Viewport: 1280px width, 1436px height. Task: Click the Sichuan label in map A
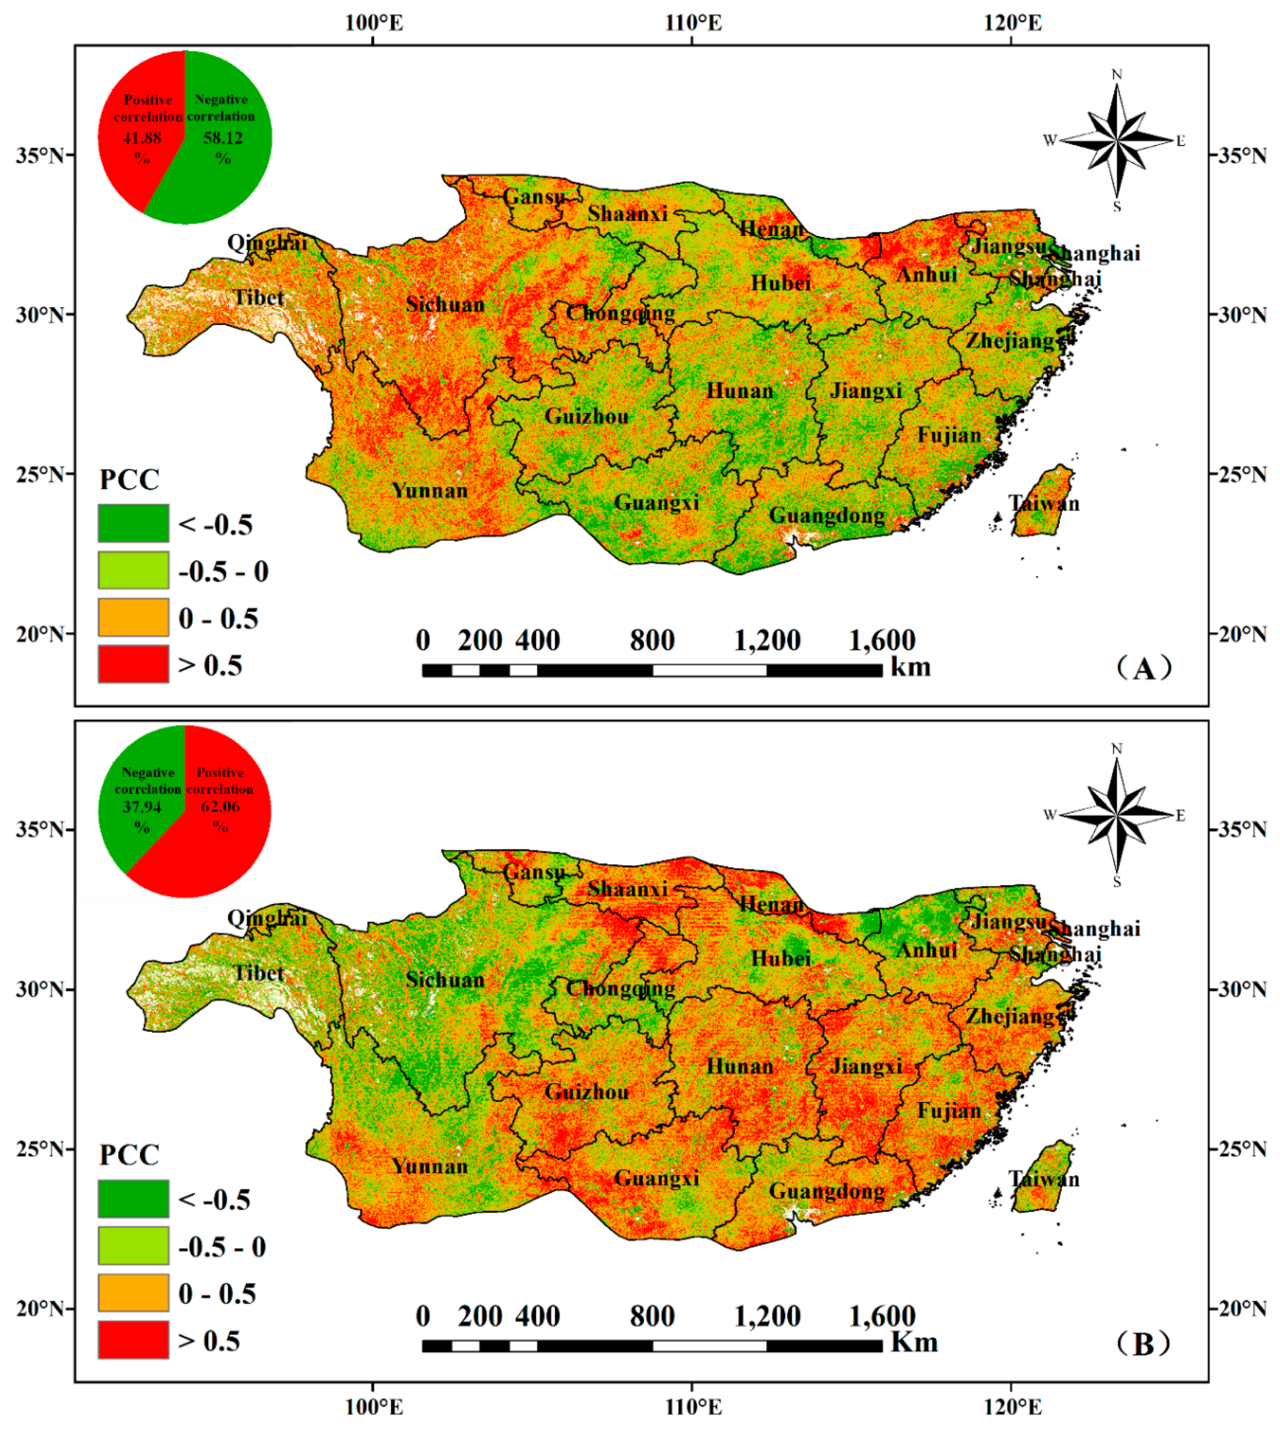coord(445,304)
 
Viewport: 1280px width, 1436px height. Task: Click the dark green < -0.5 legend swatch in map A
coord(133,523)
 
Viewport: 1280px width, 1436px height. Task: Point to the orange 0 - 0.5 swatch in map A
coord(133,617)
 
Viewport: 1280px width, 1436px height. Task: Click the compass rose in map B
coord(1117,815)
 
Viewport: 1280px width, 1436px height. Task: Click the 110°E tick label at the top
coord(693,23)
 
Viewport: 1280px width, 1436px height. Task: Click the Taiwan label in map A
coord(1044,503)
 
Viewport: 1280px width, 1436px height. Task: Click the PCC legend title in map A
coord(129,479)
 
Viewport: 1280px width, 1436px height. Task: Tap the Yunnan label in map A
coord(430,490)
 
